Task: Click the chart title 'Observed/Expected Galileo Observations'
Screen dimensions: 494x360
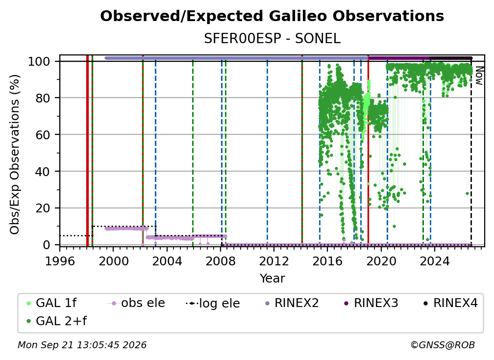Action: point(272,16)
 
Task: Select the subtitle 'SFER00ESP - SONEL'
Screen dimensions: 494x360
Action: point(272,39)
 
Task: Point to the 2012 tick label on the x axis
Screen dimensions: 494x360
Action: point(274,261)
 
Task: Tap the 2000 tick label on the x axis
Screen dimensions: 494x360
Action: point(113,261)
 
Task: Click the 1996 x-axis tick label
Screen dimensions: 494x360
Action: point(60,261)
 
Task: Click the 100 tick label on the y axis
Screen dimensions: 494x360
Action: point(39,61)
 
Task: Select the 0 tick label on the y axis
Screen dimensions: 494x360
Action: point(47,245)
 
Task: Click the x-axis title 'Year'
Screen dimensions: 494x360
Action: point(272,279)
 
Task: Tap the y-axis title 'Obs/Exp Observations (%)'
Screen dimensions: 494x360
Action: point(15,154)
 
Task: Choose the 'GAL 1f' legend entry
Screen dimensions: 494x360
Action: point(51,303)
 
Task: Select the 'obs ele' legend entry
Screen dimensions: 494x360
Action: point(136,303)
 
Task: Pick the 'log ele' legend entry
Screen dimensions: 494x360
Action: point(213,303)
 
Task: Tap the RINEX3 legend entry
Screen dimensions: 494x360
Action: point(371,303)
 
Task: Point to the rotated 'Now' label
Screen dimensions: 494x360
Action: point(478,76)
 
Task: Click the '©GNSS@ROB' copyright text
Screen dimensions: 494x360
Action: point(443,345)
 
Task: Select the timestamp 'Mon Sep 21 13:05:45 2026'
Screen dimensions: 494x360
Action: point(82,345)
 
